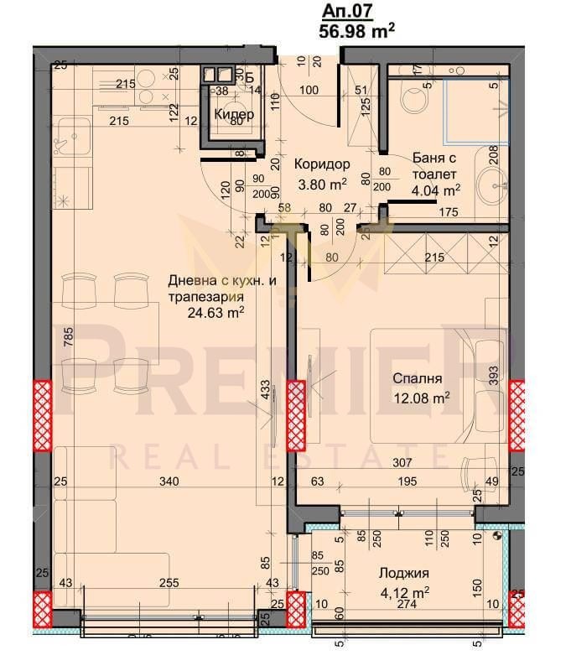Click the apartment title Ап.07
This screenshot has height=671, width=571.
(344, 11)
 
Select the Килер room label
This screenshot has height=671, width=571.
(230, 114)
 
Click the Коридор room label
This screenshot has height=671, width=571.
(322, 164)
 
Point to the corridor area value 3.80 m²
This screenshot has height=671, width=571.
(322, 184)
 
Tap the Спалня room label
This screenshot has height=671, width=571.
(415, 377)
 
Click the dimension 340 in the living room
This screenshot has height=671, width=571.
(170, 481)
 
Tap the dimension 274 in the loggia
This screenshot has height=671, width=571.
(406, 604)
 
